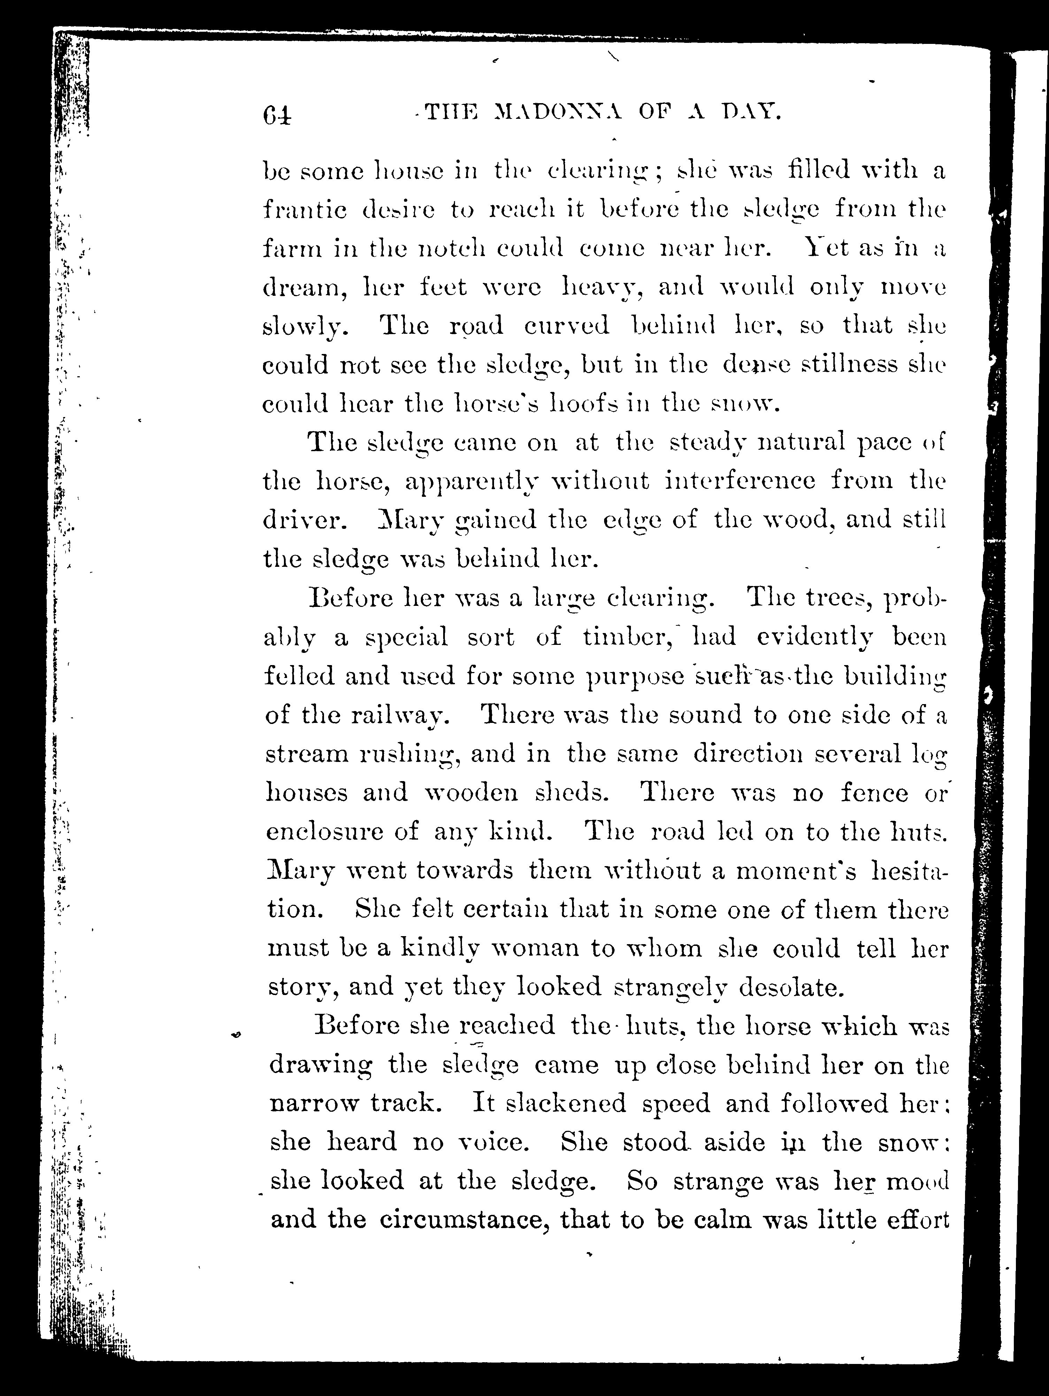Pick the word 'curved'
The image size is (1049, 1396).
click(x=566, y=326)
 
